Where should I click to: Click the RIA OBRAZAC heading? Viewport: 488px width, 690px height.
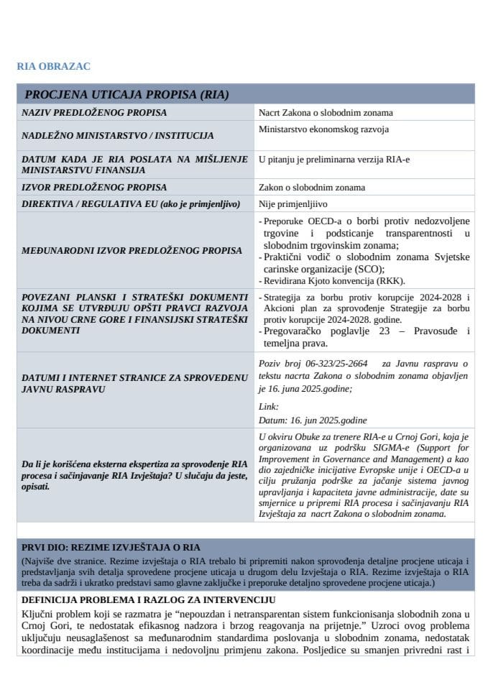(x=53, y=66)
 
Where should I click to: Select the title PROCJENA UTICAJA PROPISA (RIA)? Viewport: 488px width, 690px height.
(x=126, y=94)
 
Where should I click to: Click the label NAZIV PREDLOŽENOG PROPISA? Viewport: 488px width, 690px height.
(x=94, y=112)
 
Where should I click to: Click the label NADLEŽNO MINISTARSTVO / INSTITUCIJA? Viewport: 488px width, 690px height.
(x=117, y=135)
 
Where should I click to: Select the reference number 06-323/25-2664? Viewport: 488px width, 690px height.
(x=338, y=364)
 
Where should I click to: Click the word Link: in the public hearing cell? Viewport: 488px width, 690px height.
(x=269, y=406)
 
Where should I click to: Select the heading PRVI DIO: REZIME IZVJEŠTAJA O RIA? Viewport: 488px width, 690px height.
(x=111, y=546)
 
